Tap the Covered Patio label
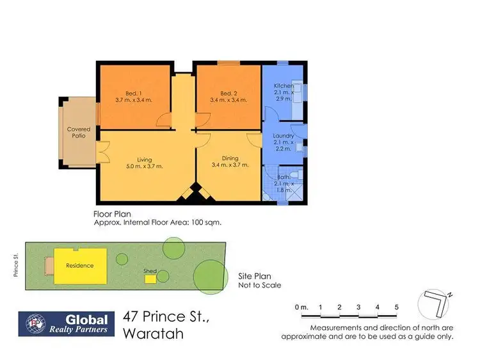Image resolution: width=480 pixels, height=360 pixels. (x=79, y=133)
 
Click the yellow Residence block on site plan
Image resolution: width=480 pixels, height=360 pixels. (x=80, y=265)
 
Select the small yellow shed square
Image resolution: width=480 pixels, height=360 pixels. (x=150, y=278)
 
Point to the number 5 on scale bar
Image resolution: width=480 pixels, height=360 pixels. (x=397, y=307)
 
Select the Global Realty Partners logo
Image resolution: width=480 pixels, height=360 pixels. (x=67, y=323)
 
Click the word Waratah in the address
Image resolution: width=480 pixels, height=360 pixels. (x=154, y=334)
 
